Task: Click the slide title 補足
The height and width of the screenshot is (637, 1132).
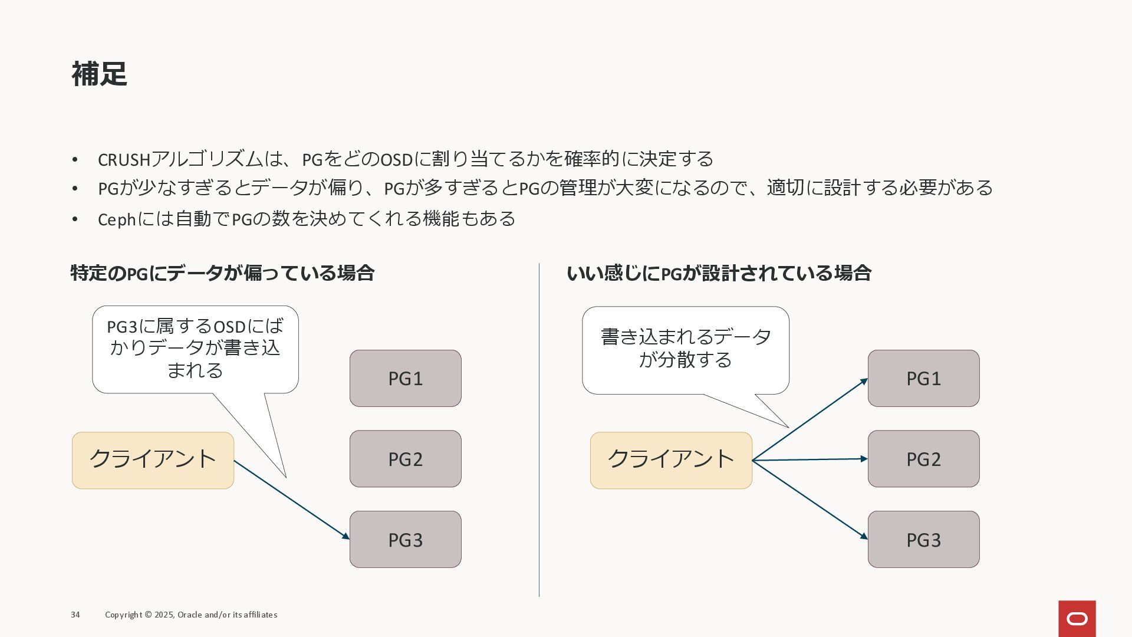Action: tap(99, 74)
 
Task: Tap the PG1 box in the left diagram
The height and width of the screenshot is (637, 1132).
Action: tap(405, 378)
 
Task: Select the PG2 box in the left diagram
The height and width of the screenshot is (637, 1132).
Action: tap(405, 459)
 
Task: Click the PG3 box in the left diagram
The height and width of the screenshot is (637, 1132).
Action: tap(405, 540)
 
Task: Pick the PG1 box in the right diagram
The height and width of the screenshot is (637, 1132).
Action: tap(923, 378)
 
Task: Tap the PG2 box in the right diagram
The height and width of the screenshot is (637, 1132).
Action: tap(923, 459)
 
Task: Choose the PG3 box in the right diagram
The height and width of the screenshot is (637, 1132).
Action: tap(923, 540)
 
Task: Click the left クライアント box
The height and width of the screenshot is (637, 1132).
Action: tap(153, 460)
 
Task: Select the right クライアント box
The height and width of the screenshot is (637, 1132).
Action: tap(671, 460)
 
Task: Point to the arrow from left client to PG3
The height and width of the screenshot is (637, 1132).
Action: tap(292, 499)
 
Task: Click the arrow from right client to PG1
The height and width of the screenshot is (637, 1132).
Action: tap(810, 419)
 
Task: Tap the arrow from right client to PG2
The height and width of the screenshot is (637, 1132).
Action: tap(810, 459)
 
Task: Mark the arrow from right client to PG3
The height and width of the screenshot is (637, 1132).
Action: tap(810, 499)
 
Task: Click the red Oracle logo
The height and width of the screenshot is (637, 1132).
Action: tap(1077, 618)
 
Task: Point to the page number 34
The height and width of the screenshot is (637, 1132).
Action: tap(75, 615)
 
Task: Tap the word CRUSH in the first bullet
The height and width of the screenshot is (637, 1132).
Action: tap(124, 160)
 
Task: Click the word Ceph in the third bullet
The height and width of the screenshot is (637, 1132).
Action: tap(117, 219)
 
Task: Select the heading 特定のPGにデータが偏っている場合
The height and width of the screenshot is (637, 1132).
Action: tap(222, 273)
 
